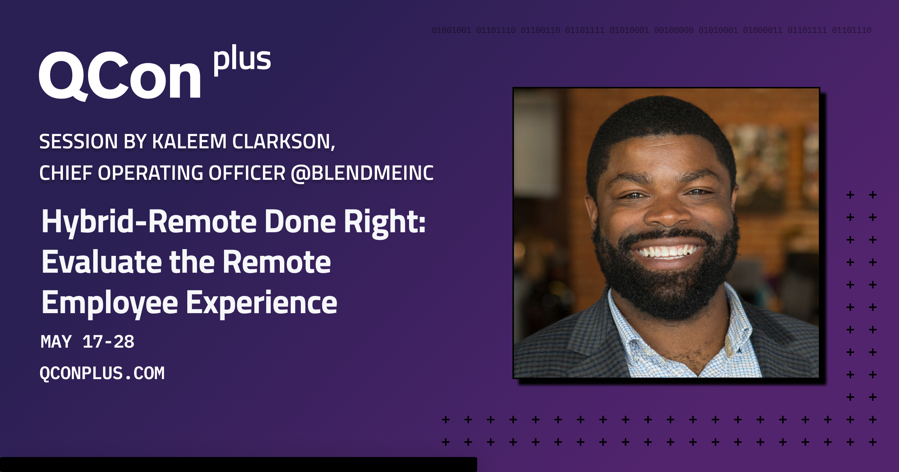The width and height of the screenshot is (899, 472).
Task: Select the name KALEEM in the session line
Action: click(x=189, y=142)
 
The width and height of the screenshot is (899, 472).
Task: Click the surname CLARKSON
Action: click(x=283, y=142)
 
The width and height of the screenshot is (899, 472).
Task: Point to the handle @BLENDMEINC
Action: click(x=362, y=173)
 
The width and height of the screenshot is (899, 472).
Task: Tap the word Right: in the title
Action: click(x=385, y=222)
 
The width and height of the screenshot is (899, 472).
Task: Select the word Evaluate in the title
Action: click(x=101, y=262)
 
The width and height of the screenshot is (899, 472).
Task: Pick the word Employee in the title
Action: click(x=110, y=303)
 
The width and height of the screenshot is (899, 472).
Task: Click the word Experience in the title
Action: click(x=261, y=303)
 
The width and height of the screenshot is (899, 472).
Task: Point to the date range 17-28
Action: click(x=108, y=342)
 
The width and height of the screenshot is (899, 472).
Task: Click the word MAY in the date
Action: click(x=56, y=342)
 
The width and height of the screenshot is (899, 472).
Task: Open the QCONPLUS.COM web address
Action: click(x=102, y=373)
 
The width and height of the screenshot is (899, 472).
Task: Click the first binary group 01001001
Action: click(x=451, y=30)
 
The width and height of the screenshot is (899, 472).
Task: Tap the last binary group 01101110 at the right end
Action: click(x=851, y=30)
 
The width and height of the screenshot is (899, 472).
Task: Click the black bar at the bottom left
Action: click(x=238, y=464)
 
